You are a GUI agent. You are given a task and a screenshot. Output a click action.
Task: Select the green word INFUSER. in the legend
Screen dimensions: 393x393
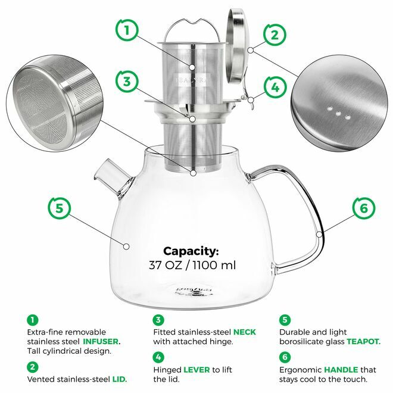pyautogui.click(x=101, y=342)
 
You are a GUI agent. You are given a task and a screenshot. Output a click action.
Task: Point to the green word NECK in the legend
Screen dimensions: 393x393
pyautogui.click(x=244, y=331)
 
